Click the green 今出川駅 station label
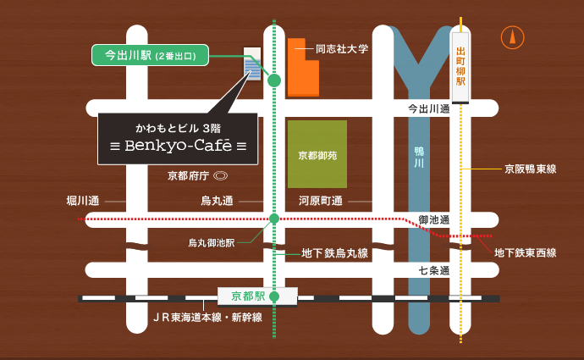click(149, 56)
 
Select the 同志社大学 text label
click(342, 49)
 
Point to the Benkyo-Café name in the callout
click(178, 146)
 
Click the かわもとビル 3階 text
click(178, 126)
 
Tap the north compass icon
click(511, 37)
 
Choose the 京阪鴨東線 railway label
click(530, 169)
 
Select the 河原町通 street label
click(320, 201)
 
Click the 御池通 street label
click(433, 219)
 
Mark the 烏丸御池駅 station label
click(211, 242)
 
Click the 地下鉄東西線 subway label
click(526, 252)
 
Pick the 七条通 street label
click(433, 270)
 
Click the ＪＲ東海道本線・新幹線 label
click(207, 317)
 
